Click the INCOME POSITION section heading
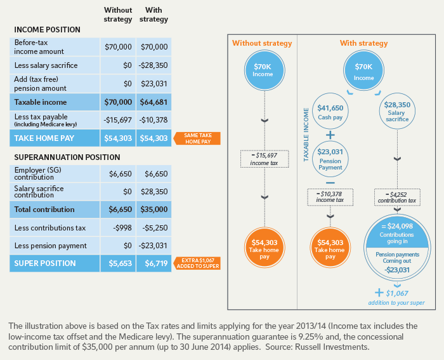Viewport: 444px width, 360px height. pos(47,30)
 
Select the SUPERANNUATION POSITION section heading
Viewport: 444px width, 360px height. pos(65,157)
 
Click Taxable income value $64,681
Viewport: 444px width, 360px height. pos(154,102)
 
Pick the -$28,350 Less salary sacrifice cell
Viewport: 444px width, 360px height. pos(154,65)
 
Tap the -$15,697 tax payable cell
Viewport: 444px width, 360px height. pos(118,120)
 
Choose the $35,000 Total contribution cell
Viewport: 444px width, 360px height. pos(154,210)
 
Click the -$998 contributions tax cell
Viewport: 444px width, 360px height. pos(118,228)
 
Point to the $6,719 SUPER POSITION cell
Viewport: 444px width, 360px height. pos(154,263)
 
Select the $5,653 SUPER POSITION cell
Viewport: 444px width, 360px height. pos(118,263)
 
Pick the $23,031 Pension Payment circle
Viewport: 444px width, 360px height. pos(329,157)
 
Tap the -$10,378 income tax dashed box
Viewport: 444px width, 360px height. pos(329,197)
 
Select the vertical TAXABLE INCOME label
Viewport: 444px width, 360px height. pos(306,134)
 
